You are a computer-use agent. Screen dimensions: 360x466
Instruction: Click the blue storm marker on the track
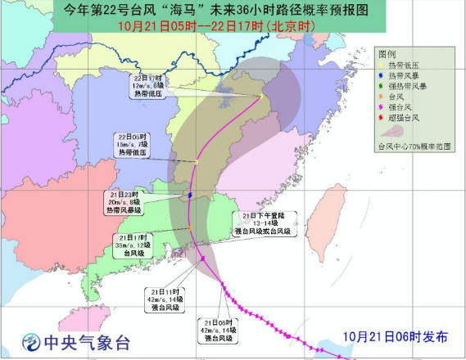pos(190,196)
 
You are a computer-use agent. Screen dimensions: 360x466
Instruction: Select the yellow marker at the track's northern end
pos(260,97)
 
